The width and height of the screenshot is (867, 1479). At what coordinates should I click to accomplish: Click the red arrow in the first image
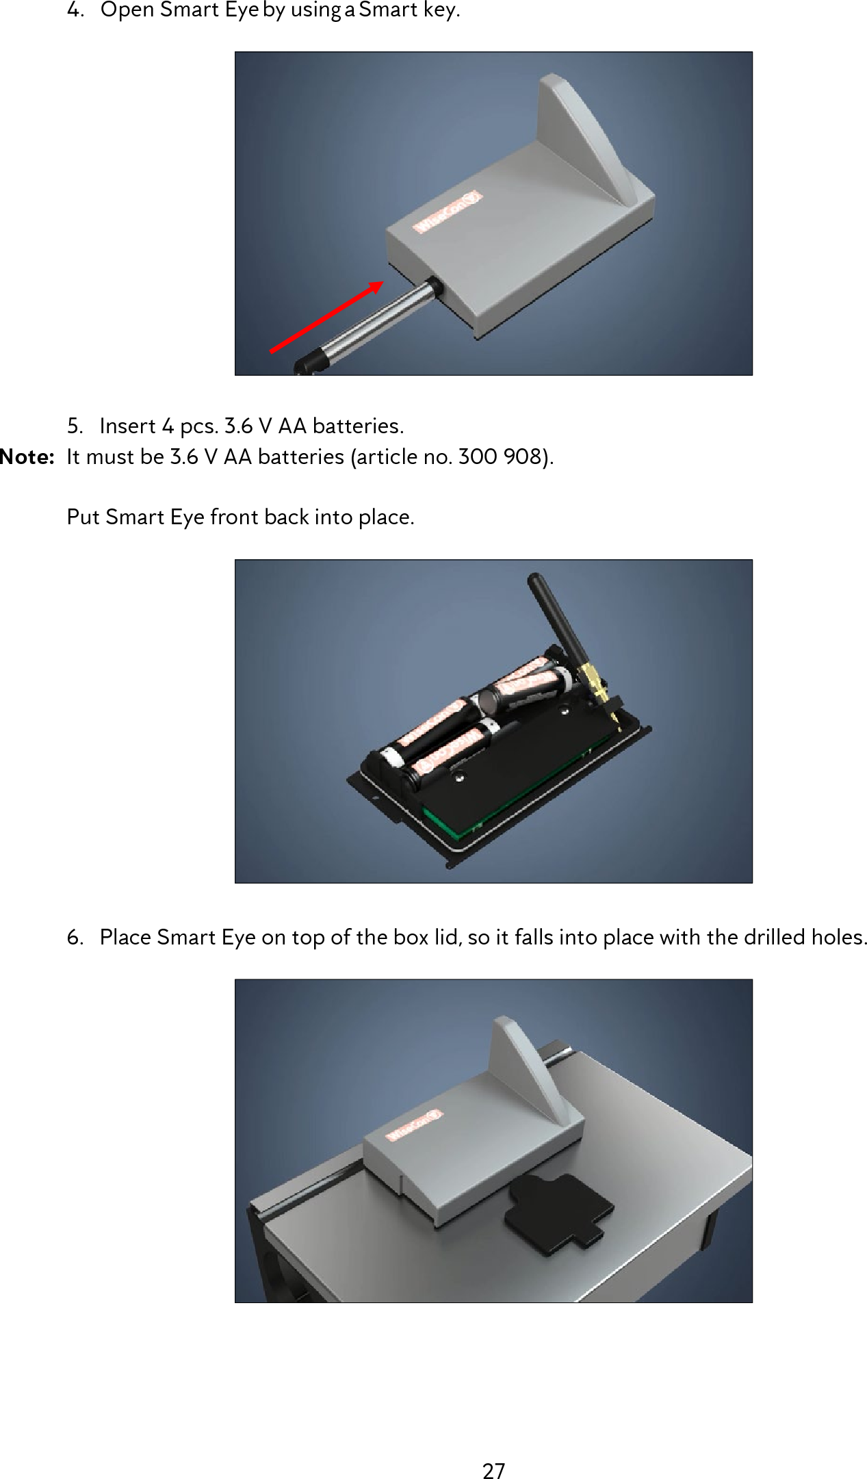325,318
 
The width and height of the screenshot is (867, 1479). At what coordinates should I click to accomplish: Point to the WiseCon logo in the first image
448,213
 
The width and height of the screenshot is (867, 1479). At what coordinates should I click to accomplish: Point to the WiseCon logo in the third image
414,1126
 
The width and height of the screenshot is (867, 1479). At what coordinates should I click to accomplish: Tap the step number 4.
74,10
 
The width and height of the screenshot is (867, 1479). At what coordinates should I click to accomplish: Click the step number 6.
74,937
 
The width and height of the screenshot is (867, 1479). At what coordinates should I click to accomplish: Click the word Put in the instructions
83,517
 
